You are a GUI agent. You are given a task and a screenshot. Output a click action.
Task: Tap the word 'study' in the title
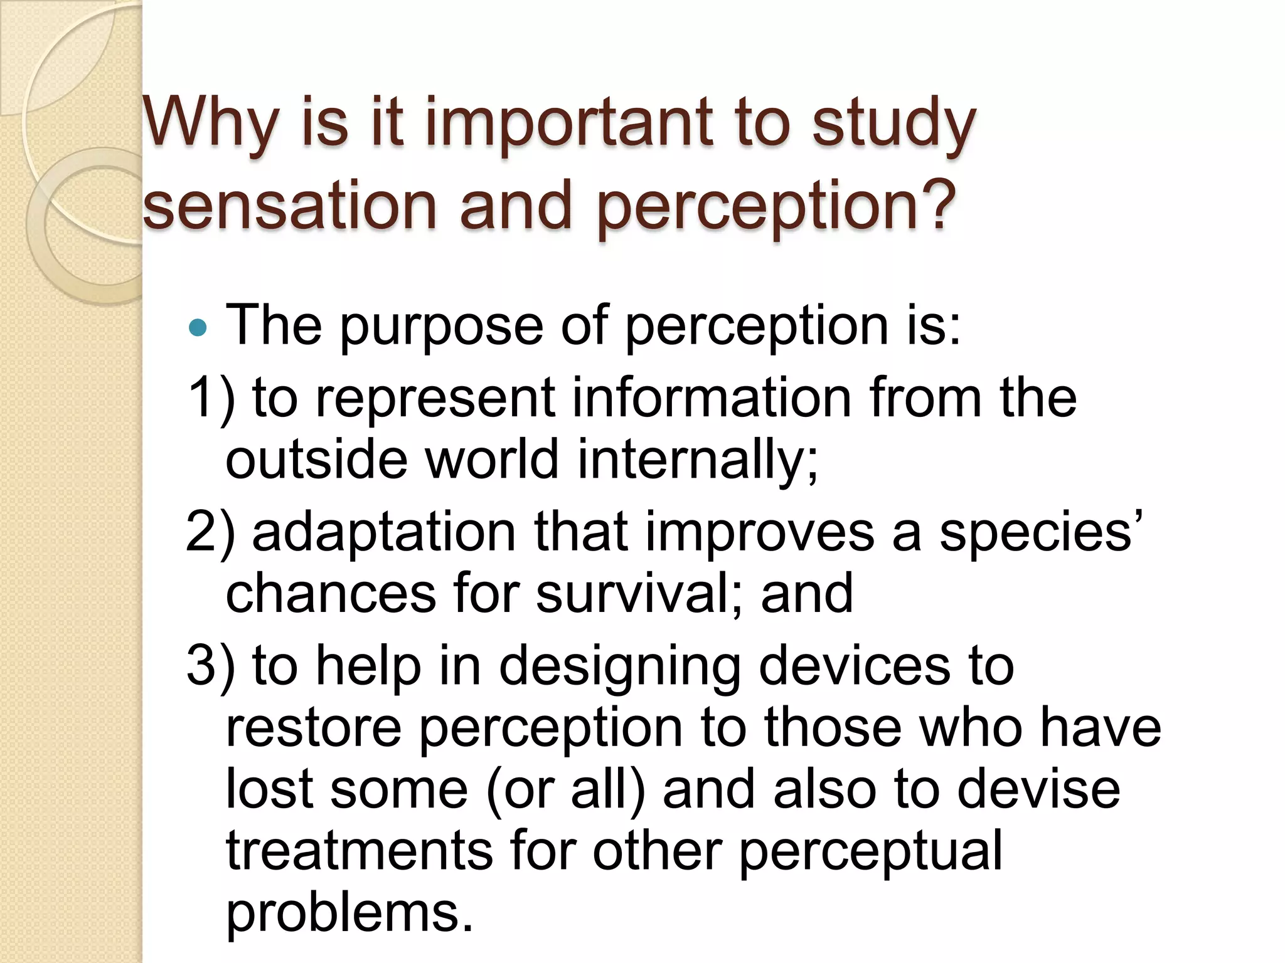pyautogui.click(x=893, y=122)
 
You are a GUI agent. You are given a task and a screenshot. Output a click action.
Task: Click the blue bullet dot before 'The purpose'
pyautogui.click(x=198, y=327)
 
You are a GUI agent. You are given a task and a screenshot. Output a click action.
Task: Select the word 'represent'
pyautogui.click(x=435, y=397)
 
